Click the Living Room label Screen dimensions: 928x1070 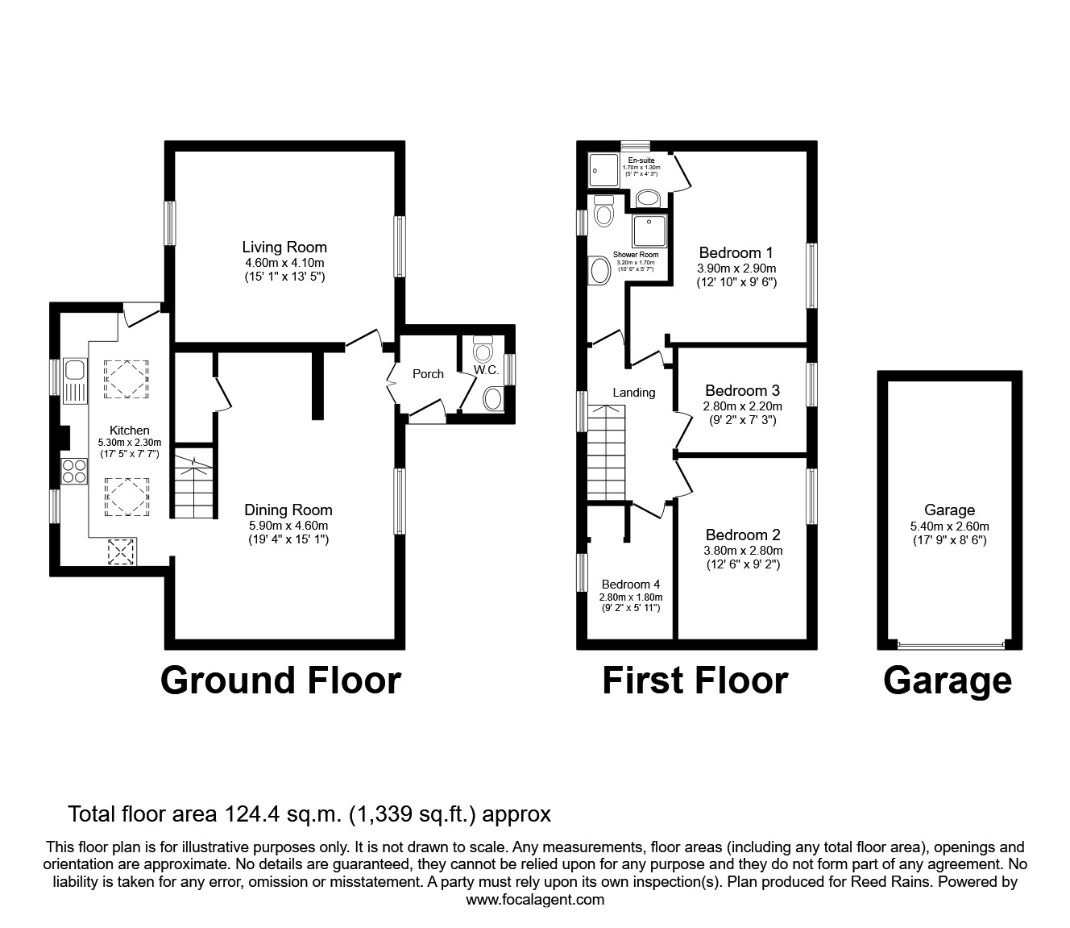[x=284, y=247]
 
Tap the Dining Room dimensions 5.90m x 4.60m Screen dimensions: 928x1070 [x=288, y=525]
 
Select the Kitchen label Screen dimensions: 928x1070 [x=130, y=430]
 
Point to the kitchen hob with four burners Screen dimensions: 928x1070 [x=74, y=470]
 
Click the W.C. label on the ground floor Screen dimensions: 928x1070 [x=486, y=370]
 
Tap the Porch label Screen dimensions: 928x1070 [x=428, y=373]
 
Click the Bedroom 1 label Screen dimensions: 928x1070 [x=736, y=252]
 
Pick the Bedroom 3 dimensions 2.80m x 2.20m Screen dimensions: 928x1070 [x=742, y=406]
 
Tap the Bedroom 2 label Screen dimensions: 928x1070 [x=742, y=535]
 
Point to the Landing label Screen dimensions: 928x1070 [x=633, y=392]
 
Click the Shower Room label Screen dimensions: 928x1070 [x=636, y=254]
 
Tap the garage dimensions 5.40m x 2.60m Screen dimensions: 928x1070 [x=950, y=526]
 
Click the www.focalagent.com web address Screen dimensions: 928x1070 [x=535, y=899]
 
